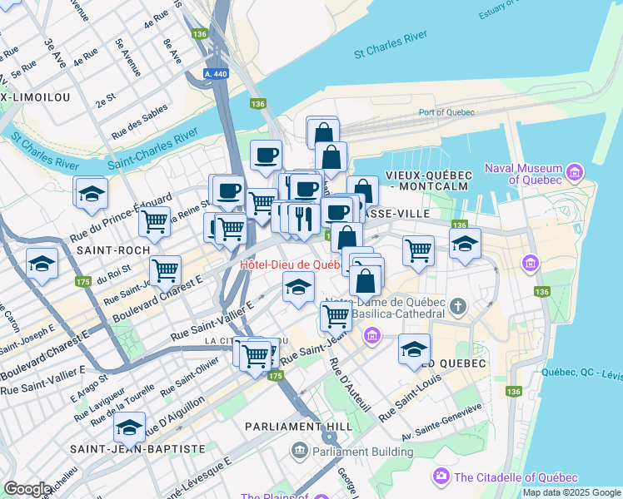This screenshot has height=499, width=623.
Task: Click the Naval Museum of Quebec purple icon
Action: (x=574, y=172)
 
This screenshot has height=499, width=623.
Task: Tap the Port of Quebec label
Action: (x=446, y=112)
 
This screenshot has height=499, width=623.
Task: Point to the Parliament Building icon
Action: (x=300, y=452)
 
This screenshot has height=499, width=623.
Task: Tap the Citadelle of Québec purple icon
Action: (x=441, y=477)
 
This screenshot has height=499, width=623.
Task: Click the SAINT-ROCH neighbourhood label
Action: (x=113, y=249)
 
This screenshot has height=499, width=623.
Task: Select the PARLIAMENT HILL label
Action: (x=295, y=426)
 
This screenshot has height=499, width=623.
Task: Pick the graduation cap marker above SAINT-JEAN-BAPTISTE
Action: (x=129, y=427)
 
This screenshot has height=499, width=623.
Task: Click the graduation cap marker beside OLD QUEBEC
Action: (x=414, y=349)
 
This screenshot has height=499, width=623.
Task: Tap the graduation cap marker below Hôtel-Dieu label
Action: (x=297, y=288)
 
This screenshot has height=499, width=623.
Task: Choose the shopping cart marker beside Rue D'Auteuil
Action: (x=336, y=315)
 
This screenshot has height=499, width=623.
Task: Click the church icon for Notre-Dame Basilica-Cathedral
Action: (x=457, y=308)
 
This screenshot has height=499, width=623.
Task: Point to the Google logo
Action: (x=27, y=489)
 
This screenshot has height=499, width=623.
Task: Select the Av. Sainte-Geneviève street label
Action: (x=441, y=422)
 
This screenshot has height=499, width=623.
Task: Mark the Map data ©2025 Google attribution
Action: (x=571, y=492)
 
